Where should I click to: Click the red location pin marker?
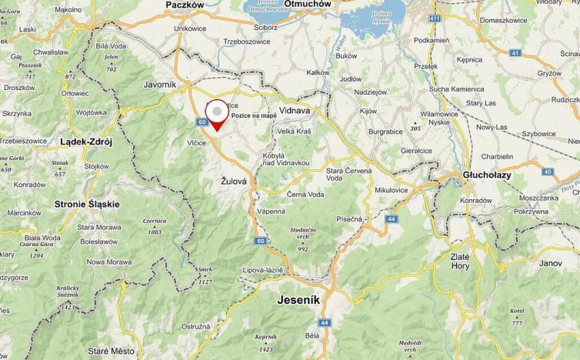(x=218, y=116)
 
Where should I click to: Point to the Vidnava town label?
(x=293, y=111)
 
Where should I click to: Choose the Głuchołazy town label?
(x=488, y=175)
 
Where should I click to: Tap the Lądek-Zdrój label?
(x=86, y=142)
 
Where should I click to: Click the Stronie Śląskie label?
(x=87, y=204)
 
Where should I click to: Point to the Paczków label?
(x=185, y=5)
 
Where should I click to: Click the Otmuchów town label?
(x=308, y=4)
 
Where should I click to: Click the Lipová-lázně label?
(x=265, y=271)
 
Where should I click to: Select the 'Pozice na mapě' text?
(x=254, y=115)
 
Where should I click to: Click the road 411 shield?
(x=436, y=17)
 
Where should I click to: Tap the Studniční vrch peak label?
(x=303, y=234)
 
